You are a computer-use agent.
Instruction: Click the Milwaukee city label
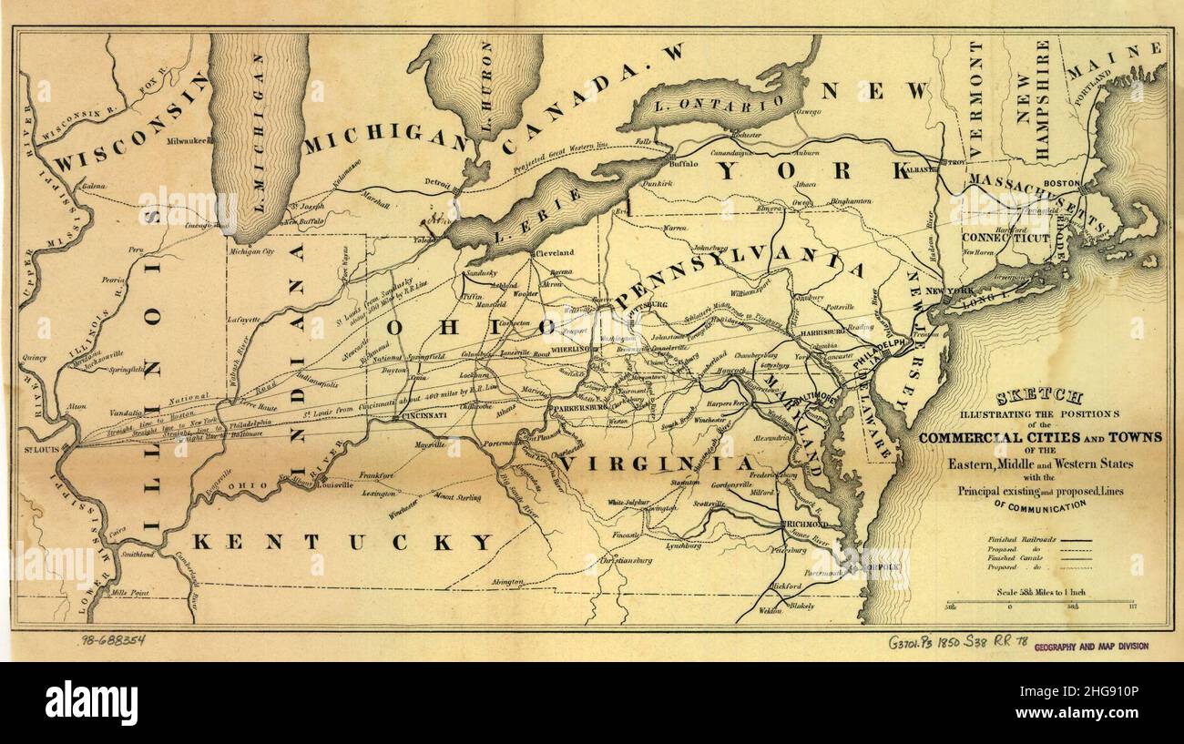189,141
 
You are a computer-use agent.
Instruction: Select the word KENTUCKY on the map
342,543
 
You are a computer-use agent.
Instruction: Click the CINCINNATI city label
421,415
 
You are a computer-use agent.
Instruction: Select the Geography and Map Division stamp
1090,646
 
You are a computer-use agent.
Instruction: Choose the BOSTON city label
1060,183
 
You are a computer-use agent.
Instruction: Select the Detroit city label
436,185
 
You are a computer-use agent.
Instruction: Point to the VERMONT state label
976,98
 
